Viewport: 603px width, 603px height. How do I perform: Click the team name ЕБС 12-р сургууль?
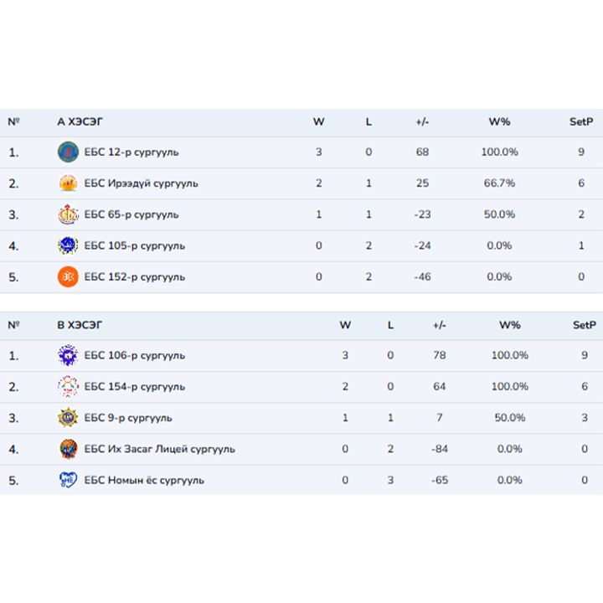coord(131,152)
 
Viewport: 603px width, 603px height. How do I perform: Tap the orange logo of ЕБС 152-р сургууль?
coord(68,276)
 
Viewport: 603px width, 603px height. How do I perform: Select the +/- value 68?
coord(422,152)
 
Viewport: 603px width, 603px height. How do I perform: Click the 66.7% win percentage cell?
coord(500,183)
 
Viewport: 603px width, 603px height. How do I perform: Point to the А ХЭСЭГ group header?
coord(80,121)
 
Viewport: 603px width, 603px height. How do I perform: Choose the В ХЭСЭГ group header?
coord(80,325)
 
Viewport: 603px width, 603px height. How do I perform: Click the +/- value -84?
coord(439,449)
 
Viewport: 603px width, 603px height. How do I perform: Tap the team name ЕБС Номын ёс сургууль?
coord(144,480)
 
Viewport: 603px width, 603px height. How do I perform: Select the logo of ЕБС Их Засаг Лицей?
coord(68,449)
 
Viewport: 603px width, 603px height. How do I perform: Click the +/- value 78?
coord(440,356)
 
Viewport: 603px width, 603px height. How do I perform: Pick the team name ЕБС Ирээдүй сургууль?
coord(142,183)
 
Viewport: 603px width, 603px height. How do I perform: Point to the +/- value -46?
coord(422,276)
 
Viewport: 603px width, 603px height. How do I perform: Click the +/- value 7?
coord(440,418)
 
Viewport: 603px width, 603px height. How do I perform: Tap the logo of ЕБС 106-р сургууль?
coord(68,356)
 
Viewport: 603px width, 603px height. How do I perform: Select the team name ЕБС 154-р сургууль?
coord(135,387)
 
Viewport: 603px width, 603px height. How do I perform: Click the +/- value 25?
coord(422,183)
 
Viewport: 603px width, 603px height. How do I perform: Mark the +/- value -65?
coord(439,480)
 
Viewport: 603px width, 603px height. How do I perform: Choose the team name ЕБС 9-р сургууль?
coord(128,418)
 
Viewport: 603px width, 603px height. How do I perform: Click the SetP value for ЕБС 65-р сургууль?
coord(581,214)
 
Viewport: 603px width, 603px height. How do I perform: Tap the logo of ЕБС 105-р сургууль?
coord(68,245)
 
